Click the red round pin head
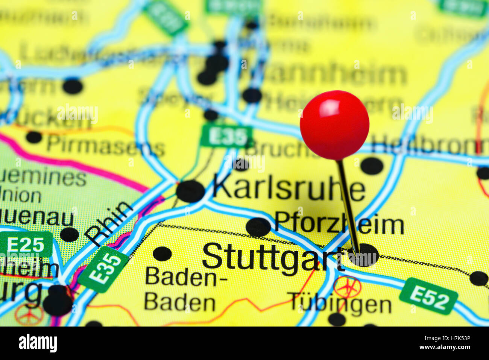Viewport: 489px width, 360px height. (334, 125)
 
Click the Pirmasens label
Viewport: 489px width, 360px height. (106, 146)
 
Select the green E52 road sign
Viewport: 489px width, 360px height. (428, 296)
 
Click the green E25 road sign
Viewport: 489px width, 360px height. (26, 245)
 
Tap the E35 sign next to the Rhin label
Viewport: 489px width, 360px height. (104, 269)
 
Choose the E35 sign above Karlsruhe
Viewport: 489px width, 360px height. (226, 137)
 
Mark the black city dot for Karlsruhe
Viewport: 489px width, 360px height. (190, 191)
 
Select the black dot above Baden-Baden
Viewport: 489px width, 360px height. (162, 254)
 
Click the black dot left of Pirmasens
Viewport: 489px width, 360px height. (34, 137)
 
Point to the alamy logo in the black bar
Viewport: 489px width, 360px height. (38, 343)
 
